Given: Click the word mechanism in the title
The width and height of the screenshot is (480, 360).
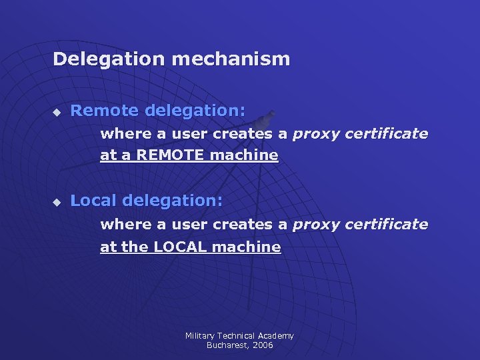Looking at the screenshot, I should (231, 59).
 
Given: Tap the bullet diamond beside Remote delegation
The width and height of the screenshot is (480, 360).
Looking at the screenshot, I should (57, 111).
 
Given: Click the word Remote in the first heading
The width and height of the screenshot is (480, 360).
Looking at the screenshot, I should (104, 110).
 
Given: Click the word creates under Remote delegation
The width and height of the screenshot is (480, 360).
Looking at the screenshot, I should (241, 133).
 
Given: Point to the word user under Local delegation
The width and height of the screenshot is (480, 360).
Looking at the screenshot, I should (189, 224).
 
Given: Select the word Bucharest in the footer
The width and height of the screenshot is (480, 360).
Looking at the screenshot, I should (225, 345).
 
